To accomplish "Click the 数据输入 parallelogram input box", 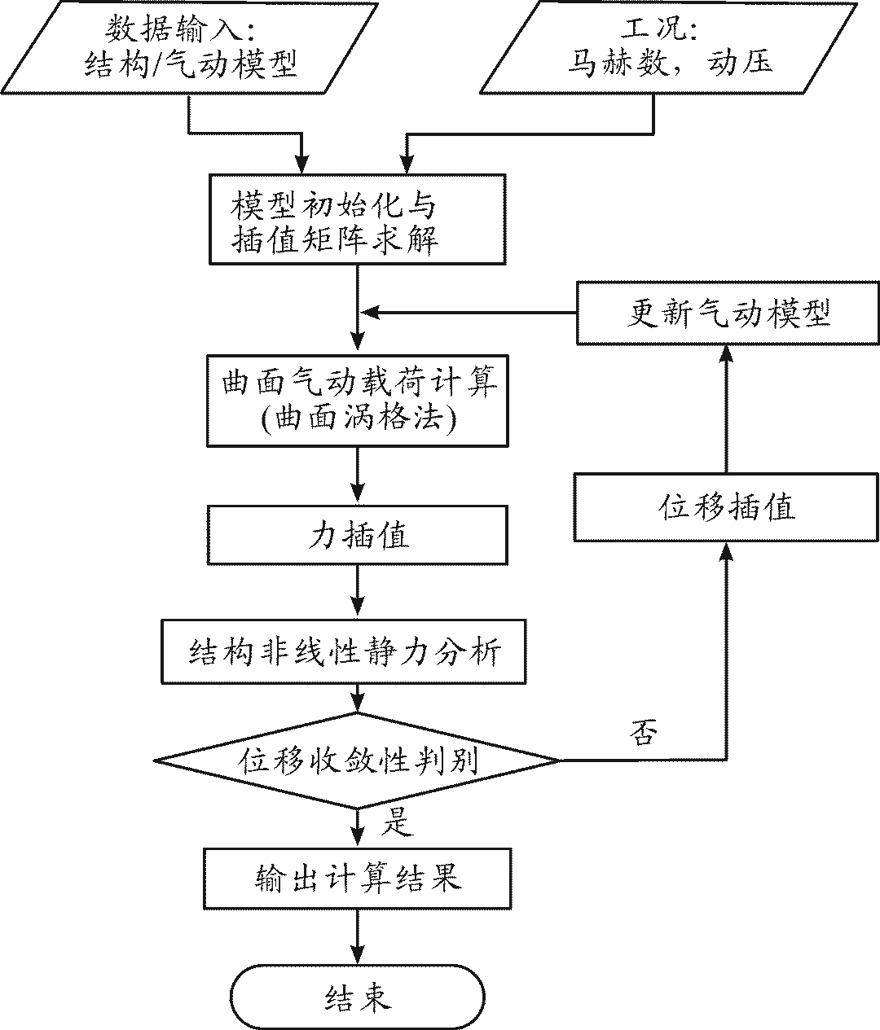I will [191, 46].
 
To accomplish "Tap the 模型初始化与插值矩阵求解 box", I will [357, 220].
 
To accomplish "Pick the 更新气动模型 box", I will [728, 313].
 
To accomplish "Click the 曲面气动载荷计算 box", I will [358, 400].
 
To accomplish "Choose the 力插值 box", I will [358, 535].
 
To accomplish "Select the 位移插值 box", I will [727, 506].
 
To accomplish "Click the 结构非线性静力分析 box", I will [343, 652].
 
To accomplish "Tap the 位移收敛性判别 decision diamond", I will [358, 761].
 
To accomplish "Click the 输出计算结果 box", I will [358, 879].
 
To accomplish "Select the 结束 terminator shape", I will [358, 997].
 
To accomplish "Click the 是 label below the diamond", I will [398, 822].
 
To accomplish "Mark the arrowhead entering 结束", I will [358, 956].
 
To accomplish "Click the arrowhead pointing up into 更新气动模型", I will [727, 353].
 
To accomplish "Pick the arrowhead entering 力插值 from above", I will [358, 497].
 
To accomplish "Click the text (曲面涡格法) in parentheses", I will [358, 419].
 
